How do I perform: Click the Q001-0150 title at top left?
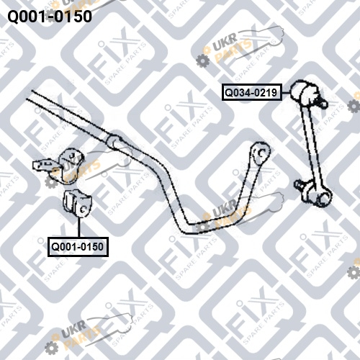coord(50,17)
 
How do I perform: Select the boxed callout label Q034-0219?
coord(252,92)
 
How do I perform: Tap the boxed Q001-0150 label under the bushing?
coord(78,247)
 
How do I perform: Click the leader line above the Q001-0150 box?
coord(78,227)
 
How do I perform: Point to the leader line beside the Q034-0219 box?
coord(286,92)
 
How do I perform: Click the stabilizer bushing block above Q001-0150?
coord(77,204)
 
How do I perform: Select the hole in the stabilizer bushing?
coord(84,210)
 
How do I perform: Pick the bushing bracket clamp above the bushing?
coord(71,166)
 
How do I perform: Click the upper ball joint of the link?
coord(304,91)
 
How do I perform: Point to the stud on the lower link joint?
coord(300,185)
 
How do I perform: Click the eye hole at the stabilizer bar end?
coord(261,153)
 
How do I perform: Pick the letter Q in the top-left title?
coord(13,17)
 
